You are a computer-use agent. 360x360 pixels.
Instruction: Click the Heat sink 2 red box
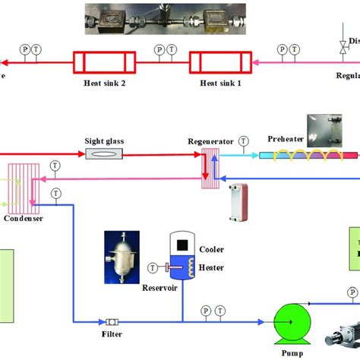(103, 62)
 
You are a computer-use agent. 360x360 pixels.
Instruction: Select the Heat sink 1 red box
(219, 62)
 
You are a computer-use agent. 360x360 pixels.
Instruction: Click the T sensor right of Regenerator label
(243, 141)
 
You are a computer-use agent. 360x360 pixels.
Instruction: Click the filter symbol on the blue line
(111, 321)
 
